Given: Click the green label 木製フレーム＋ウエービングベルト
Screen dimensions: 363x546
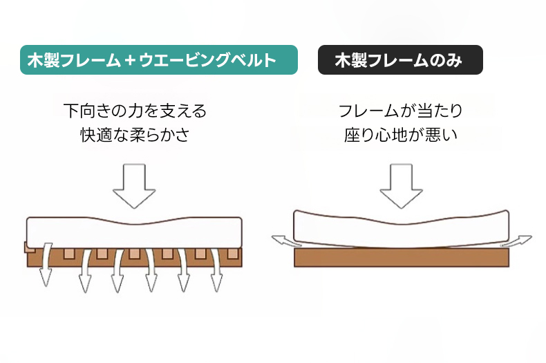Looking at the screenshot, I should click(159, 60).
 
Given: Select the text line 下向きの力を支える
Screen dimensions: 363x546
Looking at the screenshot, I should click(135, 111).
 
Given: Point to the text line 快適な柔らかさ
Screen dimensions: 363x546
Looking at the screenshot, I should click(135, 135).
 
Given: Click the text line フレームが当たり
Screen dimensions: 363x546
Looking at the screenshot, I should click(400, 111).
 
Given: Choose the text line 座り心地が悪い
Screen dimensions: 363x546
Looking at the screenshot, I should click(400, 135).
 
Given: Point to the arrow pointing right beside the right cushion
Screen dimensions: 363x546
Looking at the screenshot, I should click(520, 241).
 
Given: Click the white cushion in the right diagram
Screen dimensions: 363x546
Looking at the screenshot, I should click(401, 225).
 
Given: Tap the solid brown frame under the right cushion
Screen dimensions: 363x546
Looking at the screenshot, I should click(401, 258).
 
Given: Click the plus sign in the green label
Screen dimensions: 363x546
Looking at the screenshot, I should click(129, 61).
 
